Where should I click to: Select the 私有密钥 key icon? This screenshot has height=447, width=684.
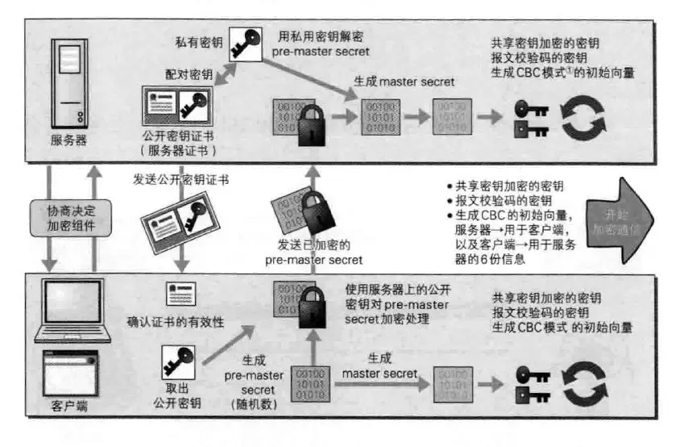pyautogui.click(x=245, y=42)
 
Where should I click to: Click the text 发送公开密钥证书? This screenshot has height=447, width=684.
pyautogui.click(x=180, y=179)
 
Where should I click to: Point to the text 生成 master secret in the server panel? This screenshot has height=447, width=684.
pyautogui.click(x=404, y=81)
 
